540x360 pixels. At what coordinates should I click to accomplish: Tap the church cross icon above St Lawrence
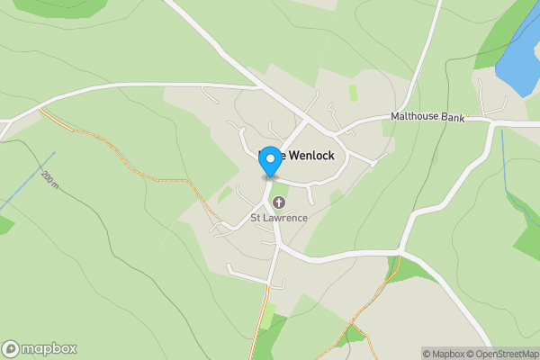tap(279, 202)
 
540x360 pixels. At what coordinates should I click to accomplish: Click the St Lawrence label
tap(279, 218)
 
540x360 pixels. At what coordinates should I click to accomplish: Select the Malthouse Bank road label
tap(427, 117)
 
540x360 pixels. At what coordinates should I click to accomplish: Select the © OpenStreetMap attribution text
tap(504, 354)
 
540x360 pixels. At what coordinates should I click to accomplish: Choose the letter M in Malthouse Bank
tap(395, 117)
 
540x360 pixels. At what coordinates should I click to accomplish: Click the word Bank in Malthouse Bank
tap(453, 117)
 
